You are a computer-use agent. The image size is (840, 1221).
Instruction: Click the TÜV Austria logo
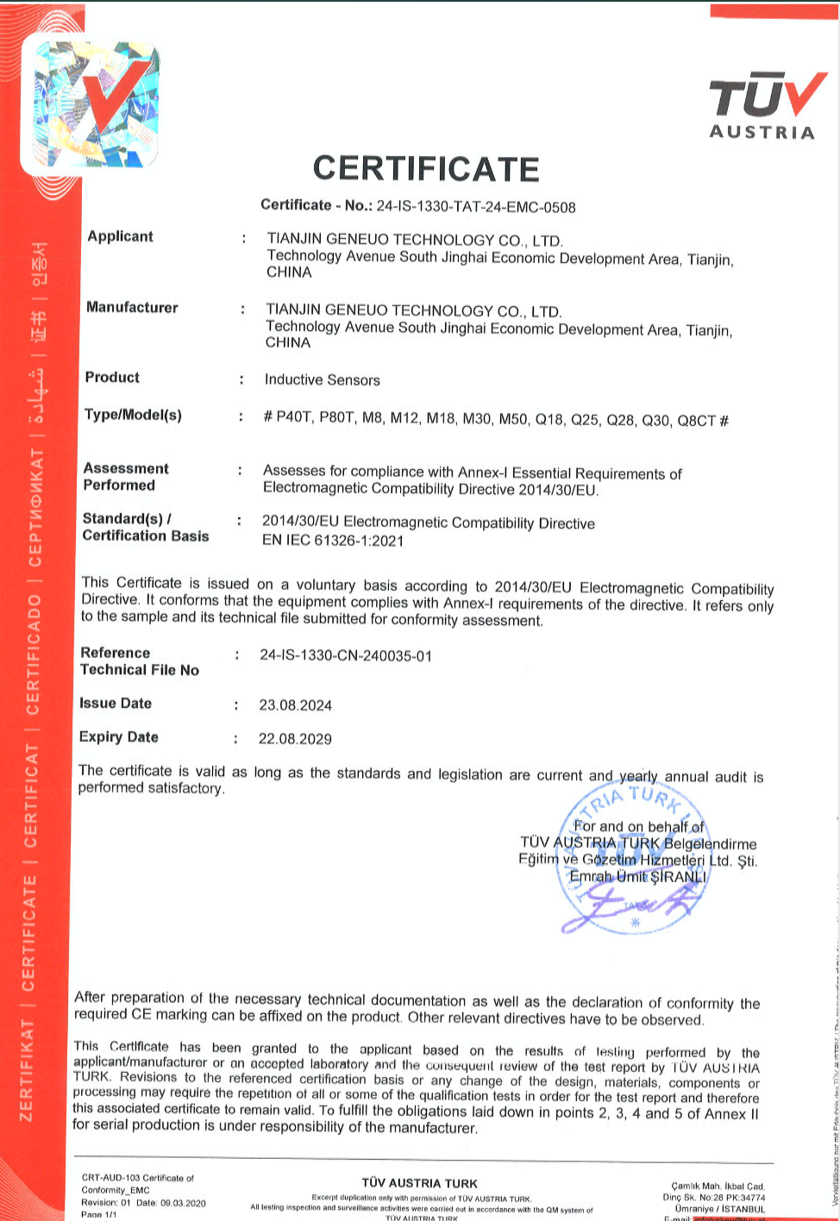tap(762, 106)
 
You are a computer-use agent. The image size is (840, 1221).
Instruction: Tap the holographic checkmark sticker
tap(95, 103)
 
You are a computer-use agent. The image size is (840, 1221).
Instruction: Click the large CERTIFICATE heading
tap(426, 168)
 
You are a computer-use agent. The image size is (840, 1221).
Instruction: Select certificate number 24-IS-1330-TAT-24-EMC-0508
tap(475, 207)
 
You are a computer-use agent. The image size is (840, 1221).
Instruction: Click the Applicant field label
tap(120, 236)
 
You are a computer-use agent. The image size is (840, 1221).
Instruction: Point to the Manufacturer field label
tap(132, 307)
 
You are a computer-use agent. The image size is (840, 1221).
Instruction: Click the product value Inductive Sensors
tap(322, 379)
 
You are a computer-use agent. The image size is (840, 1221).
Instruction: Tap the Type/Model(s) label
tap(133, 415)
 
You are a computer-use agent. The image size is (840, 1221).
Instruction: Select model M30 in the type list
tap(477, 419)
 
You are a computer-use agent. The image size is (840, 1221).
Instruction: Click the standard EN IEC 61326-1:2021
tap(333, 541)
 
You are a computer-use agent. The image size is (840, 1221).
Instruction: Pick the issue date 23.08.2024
tap(295, 705)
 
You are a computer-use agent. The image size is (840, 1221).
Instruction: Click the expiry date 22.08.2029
tap(295, 739)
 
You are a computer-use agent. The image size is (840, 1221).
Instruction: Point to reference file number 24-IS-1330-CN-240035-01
tap(346, 655)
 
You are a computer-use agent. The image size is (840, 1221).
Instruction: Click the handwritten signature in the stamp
tap(634, 905)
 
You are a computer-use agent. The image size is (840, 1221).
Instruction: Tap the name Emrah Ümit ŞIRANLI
tap(638, 876)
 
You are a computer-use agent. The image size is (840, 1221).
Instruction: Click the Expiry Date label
tap(118, 737)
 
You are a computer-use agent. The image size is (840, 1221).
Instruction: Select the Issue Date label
tap(116, 704)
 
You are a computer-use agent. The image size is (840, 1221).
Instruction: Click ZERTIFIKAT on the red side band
tap(28, 1069)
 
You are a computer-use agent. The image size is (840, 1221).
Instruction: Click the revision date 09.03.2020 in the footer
tap(183, 1203)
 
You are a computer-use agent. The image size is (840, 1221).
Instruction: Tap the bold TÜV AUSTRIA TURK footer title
tap(420, 1183)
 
